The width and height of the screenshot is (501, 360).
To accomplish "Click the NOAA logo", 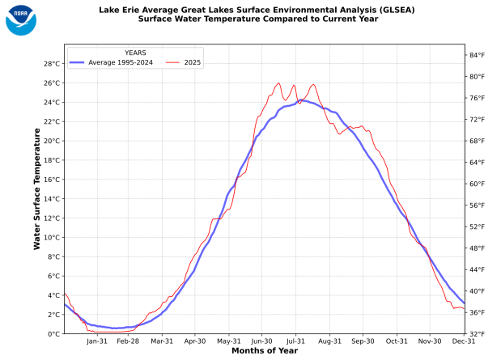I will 21,19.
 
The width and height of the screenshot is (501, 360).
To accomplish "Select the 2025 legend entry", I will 192,61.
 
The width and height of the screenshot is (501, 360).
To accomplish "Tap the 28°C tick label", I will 51,64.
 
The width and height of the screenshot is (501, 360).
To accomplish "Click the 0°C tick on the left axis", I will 53,334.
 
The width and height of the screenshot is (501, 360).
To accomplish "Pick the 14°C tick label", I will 51,199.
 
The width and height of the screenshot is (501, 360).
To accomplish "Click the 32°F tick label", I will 477,334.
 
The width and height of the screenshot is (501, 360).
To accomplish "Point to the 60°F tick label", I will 477,184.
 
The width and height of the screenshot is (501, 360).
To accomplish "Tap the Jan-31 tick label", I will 96,342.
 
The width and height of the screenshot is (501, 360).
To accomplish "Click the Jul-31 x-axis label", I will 295,342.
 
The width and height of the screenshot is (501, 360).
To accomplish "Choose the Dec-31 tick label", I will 464,342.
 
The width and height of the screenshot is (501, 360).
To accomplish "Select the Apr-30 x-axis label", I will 195,342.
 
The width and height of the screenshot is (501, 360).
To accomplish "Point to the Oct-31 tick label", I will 397,342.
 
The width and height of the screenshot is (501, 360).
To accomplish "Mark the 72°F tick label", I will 477,119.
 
